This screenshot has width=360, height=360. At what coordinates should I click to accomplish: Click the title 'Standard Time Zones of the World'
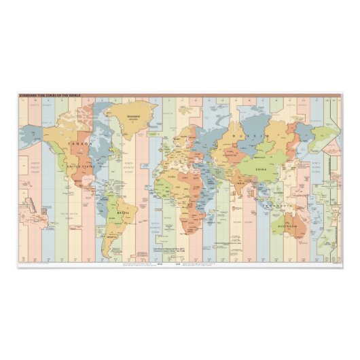coord(49,96)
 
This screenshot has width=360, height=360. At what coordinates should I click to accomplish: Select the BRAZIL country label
coord(123,212)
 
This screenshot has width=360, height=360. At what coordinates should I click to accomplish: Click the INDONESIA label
coord(277,204)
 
